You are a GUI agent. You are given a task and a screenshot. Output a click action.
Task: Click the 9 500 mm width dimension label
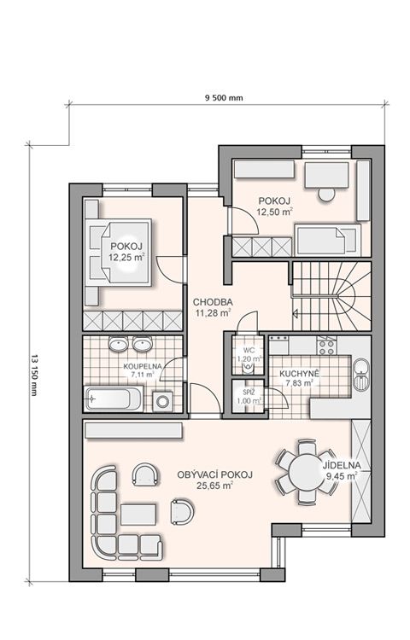(224, 98)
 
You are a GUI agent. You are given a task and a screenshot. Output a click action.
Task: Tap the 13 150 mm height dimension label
(33, 375)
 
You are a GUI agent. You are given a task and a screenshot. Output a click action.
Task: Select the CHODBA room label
(213, 302)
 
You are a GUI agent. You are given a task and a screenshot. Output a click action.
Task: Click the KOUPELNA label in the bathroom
(143, 366)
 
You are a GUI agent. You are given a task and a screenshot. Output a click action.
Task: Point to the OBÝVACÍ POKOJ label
(214, 474)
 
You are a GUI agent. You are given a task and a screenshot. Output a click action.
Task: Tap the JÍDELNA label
(342, 465)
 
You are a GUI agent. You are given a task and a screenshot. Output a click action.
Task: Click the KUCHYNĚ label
(299, 374)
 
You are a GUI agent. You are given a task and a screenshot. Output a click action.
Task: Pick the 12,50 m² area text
(274, 212)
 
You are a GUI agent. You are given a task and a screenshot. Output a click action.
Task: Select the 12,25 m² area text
(126, 257)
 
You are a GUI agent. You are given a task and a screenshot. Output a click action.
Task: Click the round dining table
(307, 473)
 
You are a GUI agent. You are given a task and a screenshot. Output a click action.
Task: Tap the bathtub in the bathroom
(113, 399)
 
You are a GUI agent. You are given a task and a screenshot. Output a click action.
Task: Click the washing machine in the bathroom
(162, 401)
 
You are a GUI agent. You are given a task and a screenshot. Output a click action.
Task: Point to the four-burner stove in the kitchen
(326, 347)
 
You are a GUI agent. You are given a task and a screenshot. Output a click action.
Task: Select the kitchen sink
(360, 374)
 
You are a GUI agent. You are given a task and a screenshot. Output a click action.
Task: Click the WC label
(249, 351)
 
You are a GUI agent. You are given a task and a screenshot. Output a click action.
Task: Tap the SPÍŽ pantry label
(249, 393)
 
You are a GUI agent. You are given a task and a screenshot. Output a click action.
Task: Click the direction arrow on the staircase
(296, 314)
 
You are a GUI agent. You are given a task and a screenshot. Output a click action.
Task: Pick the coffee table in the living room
(138, 515)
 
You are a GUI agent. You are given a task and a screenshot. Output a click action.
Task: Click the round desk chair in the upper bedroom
(326, 194)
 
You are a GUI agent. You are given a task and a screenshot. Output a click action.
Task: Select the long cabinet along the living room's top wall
(133, 431)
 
